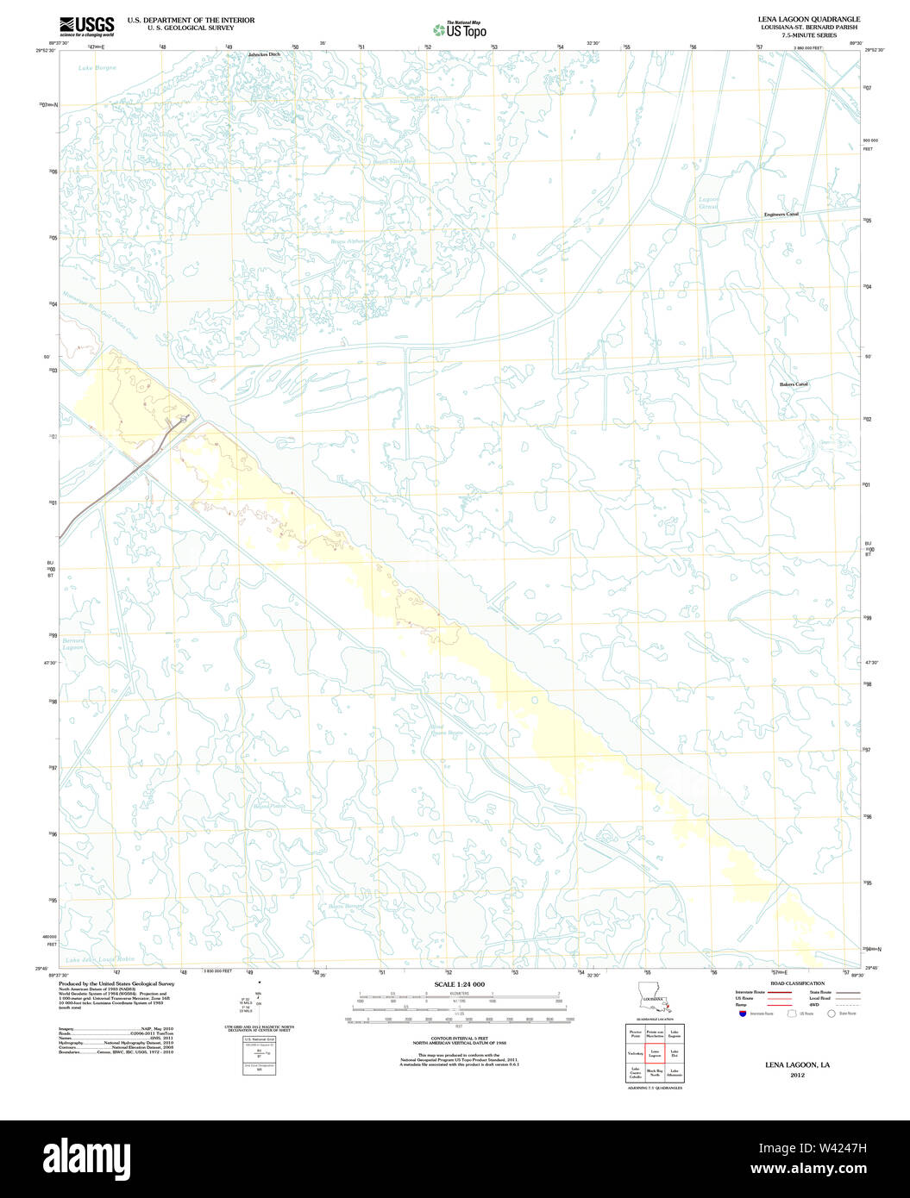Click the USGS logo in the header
[x=86, y=26]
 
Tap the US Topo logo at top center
[x=459, y=29]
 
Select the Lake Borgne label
[x=96, y=67]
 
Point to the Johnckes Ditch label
[x=264, y=54]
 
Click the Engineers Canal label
[x=781, y=214]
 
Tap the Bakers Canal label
[x=794, y=384]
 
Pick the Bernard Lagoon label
[x=72, y=644]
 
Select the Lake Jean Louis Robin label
[x=102, y=959]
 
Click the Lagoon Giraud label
[x=708, y=203]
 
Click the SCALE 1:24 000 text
[x=459, y=984]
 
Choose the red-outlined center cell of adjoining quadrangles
[x=655, y=1052]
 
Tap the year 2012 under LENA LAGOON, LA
[x=797, y=1075]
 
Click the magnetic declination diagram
[x=259, y=1005]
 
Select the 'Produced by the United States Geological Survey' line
[x=116, y=983]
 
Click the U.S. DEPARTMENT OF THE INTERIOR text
[x=191, y=20]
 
